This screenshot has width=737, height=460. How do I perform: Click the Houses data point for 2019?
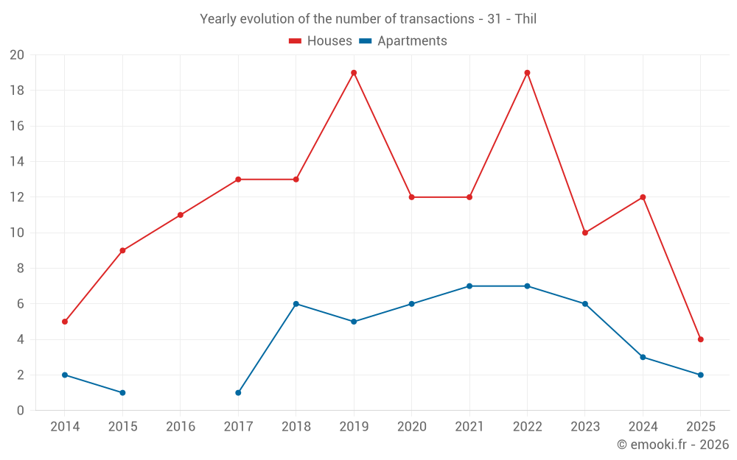point(354,73)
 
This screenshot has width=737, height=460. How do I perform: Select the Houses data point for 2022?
point(527,73)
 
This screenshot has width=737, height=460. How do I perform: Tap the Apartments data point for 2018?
point(296,304)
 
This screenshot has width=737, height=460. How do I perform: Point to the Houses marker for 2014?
point(65,322)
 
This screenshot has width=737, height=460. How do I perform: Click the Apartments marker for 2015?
point(122,393)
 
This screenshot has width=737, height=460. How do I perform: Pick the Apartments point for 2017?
point(238,393)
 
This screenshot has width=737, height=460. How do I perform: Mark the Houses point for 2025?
point(700,339)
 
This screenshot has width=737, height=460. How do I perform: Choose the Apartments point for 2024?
point(643,357)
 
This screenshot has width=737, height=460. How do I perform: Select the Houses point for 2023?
point(585,233)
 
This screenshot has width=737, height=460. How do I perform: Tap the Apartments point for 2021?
point(469,286)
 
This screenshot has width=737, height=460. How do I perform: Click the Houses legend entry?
point(321,41)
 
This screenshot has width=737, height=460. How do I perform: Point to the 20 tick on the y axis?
point(17,55)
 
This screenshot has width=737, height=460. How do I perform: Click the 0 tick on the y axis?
point(21,411)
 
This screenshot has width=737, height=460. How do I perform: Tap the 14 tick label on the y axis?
point(17,162)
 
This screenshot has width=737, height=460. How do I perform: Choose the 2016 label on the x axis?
point(181,427)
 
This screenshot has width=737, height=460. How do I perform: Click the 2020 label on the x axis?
point(411,427)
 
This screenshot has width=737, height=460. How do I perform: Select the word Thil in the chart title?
point(525,19)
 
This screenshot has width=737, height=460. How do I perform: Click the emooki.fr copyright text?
point(672,445)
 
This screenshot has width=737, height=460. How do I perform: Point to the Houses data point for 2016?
point(181,215)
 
